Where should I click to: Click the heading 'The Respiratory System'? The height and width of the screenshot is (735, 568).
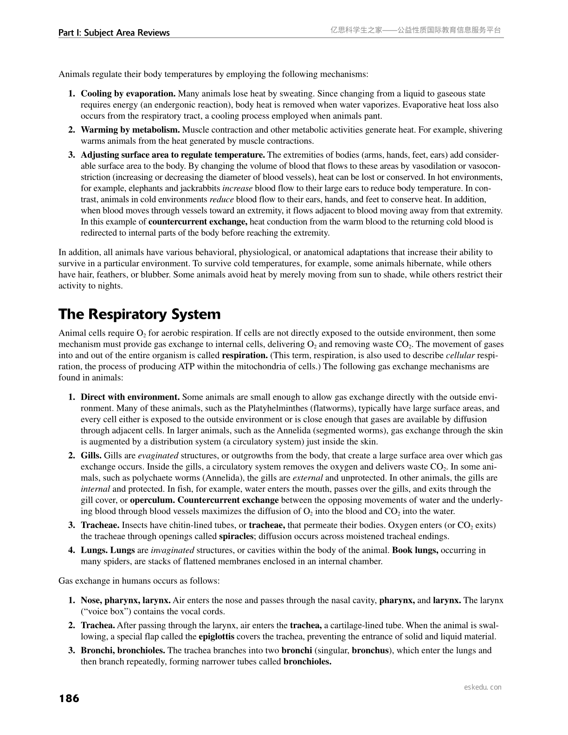[x=139, y=315]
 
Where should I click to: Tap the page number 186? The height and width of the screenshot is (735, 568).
[x=69, y=698]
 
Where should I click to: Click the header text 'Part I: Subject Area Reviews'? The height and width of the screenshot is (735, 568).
[x=114, y=33]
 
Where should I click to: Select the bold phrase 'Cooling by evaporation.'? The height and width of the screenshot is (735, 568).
[x=128, y=94]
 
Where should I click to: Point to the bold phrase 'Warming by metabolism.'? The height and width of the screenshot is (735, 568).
[x=130, y=130]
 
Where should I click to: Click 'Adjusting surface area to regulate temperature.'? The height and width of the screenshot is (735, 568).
[x=173, y=155]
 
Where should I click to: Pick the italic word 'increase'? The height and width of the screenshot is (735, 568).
[x=238, y=188]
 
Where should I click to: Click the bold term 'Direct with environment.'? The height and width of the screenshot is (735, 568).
[x=130, y=397]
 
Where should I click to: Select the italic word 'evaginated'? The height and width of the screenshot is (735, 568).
[x=158, y=456]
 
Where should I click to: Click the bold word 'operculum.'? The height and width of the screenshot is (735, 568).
[x=153, y=500]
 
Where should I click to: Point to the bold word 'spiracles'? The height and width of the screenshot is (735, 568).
[x=236, y=536]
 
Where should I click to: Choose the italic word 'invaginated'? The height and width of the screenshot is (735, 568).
[x=172, y=550]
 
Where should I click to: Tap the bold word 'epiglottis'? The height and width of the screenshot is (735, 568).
[x=216, y=637]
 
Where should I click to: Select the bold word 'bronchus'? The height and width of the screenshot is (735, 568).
[x=370, y=651]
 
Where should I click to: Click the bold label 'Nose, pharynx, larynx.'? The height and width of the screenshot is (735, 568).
[x=126, y=600]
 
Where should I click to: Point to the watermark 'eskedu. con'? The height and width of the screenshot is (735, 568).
[x=483, y=687]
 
